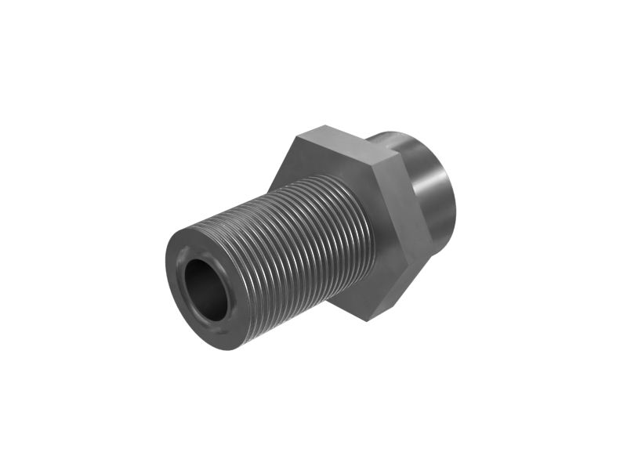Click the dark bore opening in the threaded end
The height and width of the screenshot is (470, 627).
(x=205, y=287)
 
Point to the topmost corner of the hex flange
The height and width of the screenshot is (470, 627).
(x=321, y=125)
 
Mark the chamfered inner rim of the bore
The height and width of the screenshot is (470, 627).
(x=188, y=266)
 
